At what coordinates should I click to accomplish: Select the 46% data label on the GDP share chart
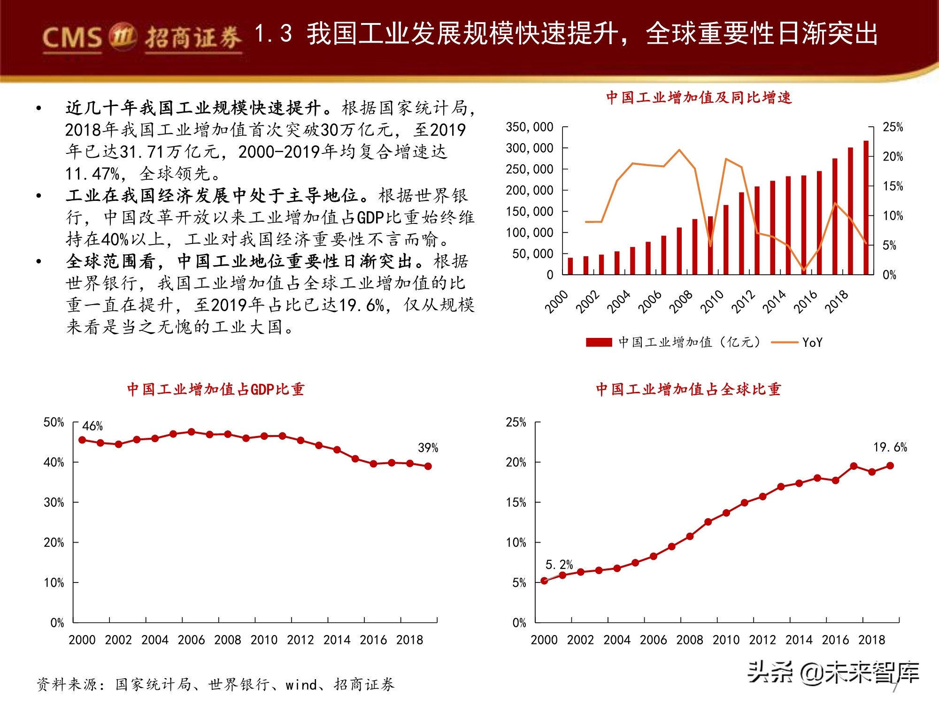tap(92, 426)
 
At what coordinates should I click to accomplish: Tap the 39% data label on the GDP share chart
tap(428, 448)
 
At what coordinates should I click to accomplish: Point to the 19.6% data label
tap(890, 447)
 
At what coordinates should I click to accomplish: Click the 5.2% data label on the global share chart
tap(559, 565)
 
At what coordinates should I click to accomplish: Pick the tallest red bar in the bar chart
tap(866, 207)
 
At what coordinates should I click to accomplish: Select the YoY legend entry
tap(812, 343)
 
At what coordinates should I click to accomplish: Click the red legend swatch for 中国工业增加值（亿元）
tap(599, 343)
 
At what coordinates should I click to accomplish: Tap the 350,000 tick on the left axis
tap(529, 127)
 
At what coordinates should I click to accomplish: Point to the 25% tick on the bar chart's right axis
tap(892, 127)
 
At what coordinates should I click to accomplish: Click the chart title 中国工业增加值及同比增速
tap(698, 98)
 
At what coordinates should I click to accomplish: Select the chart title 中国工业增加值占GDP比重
tap(216, 390)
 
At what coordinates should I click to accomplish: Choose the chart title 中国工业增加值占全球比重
tap(688, 390)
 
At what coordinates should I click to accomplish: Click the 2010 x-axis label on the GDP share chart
tap(264, 640)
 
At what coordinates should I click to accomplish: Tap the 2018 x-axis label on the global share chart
tap(871, 640)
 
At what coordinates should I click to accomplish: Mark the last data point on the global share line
tap(890, 466)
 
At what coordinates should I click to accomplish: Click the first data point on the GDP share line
tap(82, 440)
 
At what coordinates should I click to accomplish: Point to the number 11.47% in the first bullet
tap(92, 174)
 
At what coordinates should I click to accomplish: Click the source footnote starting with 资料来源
tap(216, 685)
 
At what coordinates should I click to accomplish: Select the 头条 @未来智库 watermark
tap(833, 673)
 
